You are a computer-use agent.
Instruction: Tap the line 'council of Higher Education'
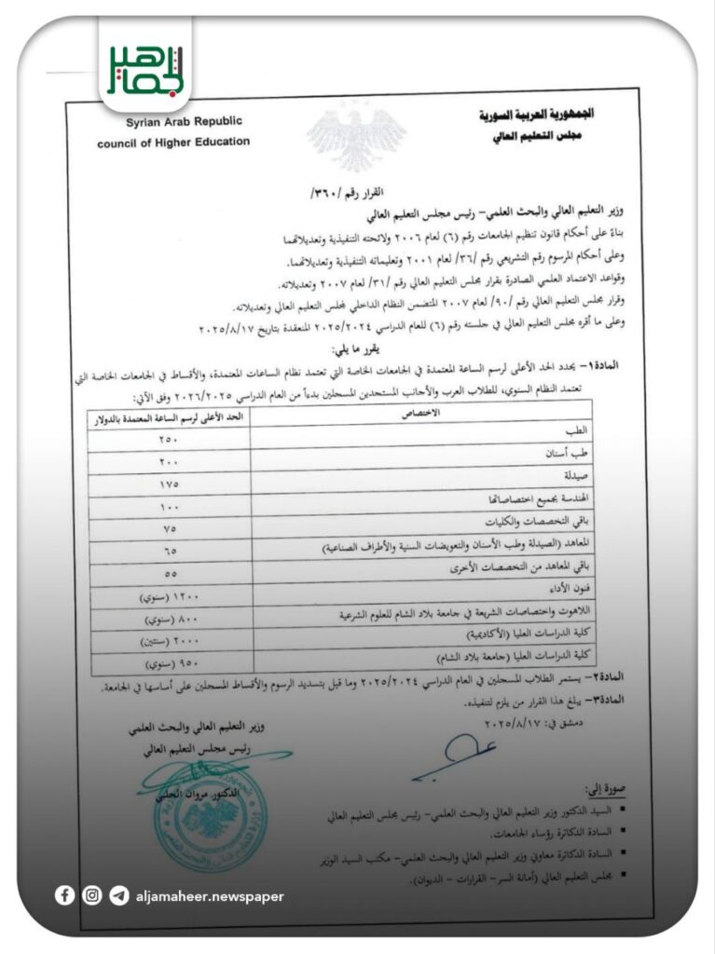pos(173,143)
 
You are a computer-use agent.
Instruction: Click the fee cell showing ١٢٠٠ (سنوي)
pos(169,596)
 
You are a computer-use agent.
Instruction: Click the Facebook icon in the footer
pos(64,895)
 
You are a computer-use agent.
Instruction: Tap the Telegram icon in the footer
pos(118,895)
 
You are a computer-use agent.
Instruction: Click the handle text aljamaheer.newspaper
pos(209,896)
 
